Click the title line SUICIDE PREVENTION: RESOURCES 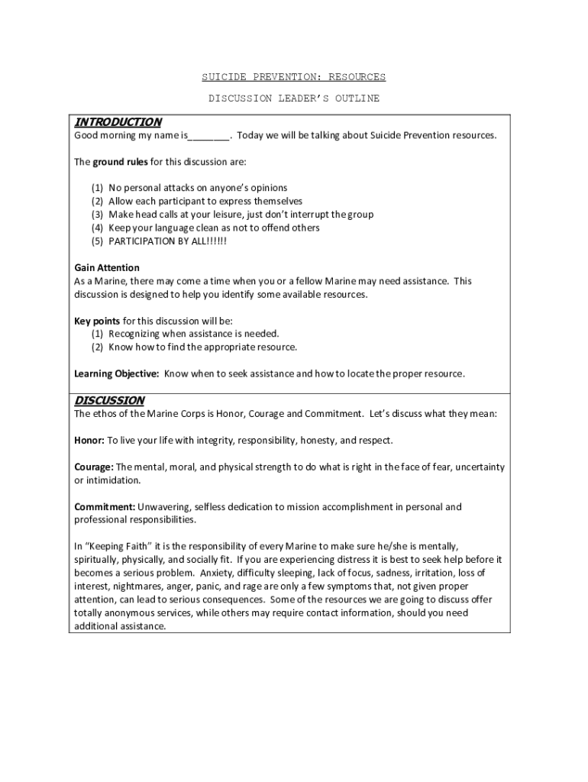tap(293, 77)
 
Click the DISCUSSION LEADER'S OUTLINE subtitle tap(293, 99)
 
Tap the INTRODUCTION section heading tap(118, 122)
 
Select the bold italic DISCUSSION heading tap(109, 400)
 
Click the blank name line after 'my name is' tap(208, 136)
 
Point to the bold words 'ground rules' tap(121, 163)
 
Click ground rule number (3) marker tap(97, 215)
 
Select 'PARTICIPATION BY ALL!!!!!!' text tap(168, 241)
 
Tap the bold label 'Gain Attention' tap(107, 268)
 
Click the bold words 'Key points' tap(97, 321)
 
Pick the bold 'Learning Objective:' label tap(117, 373)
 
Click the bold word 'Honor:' tap(89, 441)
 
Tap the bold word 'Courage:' tap(94, 467)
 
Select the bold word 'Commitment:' tap(105, 507)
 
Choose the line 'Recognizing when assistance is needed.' tap(194, 334)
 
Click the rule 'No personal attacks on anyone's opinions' tap(198, 188)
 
